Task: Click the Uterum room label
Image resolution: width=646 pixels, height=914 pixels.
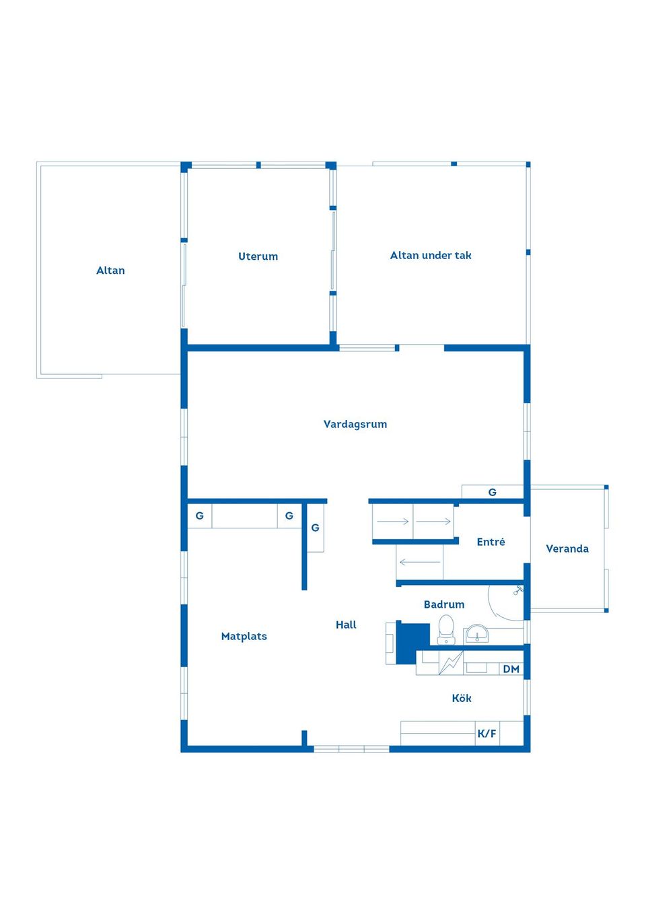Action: pos(258,256)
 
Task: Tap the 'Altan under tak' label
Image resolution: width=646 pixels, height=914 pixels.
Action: pos(431,256)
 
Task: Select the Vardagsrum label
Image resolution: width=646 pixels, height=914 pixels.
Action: pos(355,424)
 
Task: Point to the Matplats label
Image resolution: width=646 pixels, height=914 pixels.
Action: pos(244,637)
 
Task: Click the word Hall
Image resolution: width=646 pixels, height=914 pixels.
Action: pos(346,625)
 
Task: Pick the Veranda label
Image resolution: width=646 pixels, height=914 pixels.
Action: pos(567,549)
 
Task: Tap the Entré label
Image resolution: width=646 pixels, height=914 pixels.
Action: pos(491,541)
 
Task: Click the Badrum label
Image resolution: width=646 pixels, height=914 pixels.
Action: pos(444,604)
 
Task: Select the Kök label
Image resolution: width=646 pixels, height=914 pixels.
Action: pos(462,698)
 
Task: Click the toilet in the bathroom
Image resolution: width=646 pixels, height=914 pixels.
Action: pos(446,629)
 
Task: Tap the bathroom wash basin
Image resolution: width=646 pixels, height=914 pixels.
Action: pos(476,634)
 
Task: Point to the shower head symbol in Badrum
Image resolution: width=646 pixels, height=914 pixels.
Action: pos(518,590)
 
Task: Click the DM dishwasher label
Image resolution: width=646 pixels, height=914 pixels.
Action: pos(511,669)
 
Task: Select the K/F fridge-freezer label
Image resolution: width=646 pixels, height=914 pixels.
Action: pos(487,734)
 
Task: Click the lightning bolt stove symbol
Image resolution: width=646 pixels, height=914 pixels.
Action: pos(451,663)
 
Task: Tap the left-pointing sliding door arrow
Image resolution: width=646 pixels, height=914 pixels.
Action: pos(420,562)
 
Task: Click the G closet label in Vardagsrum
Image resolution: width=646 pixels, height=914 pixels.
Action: pos(493,493)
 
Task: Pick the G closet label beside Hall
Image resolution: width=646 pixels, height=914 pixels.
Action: pos(315,528)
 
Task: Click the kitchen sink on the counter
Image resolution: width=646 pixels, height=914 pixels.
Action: pos(476,668)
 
